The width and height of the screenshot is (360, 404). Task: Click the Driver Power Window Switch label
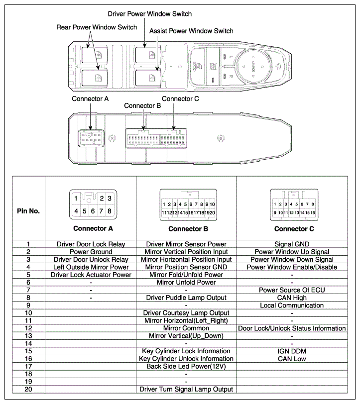click(149, 14)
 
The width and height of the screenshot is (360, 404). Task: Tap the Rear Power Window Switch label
click(96, 27)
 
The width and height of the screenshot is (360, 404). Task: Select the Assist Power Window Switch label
click(191, 31)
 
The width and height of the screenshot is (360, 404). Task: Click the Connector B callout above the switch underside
click(142, 105)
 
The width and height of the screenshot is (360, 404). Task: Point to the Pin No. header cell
click(28, 211)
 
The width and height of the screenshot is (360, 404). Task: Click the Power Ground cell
click(91, 252)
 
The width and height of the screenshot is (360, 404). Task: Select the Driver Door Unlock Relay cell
click(91, 260)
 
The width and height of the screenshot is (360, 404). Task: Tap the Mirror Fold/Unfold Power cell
click(186, 275)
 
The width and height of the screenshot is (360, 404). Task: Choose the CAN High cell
click(291, 298)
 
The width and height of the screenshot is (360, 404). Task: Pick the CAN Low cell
click(291, 359)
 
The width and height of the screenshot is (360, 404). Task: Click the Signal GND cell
click(291, 244)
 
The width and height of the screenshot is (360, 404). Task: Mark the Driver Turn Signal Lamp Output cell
click(186, 389)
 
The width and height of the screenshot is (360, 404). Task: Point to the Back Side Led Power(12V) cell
click(186, 366)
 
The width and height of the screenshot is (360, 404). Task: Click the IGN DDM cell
click(291, 351)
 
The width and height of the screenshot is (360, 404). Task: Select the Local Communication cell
click(291, 305)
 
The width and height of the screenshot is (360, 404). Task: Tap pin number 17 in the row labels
click(28, 366)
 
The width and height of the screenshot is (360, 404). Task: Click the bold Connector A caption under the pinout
click(93, 229)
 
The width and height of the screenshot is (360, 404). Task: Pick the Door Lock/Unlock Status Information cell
click(291, 328)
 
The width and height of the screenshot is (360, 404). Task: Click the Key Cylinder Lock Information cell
click(186, 351)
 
